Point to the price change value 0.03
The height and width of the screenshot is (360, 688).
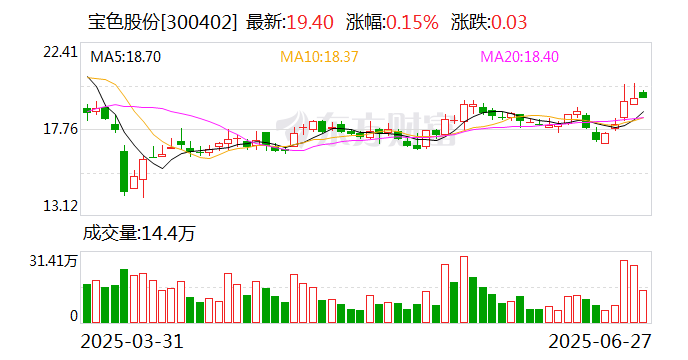tap(503, 22)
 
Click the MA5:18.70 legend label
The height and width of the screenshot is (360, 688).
tap(126, 58)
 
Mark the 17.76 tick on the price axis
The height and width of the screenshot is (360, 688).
tap(60, 129)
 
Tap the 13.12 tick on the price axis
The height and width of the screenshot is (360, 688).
tap(60, 206)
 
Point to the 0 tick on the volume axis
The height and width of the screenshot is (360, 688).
tap(73, 316)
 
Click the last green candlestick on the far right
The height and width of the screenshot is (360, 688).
tap(643, 94)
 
